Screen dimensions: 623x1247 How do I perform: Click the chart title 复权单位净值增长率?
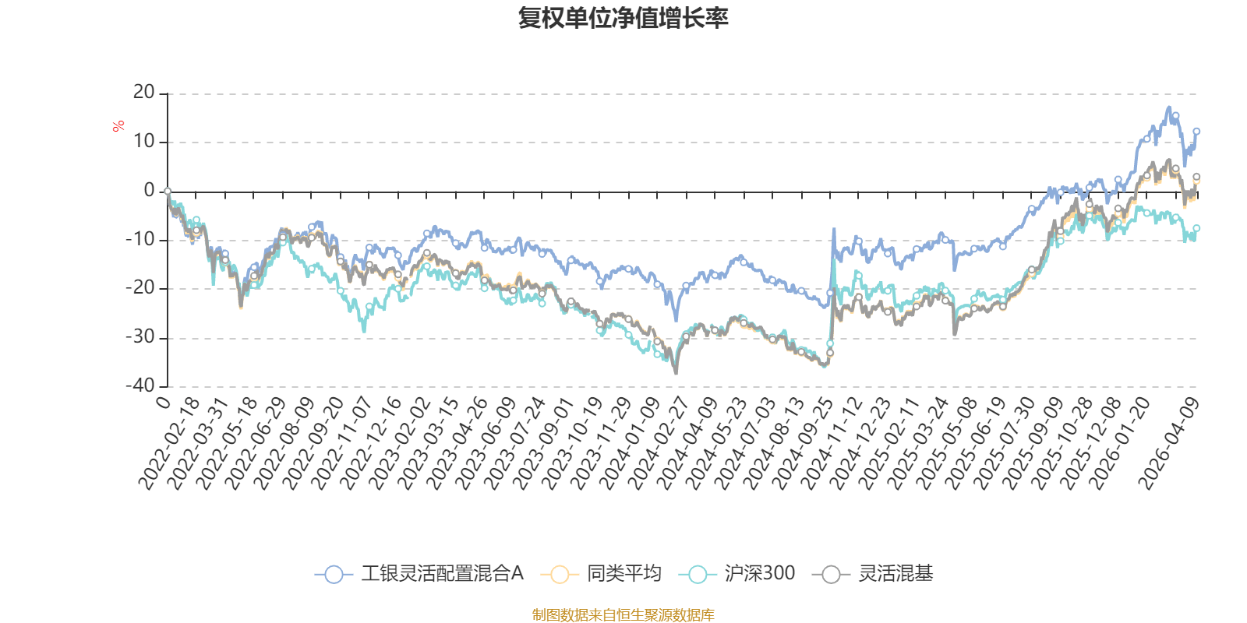click(623, 18)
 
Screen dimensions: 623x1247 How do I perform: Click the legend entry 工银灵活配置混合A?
click(441, 575)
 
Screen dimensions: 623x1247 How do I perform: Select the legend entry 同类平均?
click(623, 575)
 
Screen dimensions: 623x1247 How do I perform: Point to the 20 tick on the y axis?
click(143, 93)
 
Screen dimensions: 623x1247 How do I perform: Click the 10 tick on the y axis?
click(143, 142)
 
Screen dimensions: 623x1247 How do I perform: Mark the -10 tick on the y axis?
click(140, 240)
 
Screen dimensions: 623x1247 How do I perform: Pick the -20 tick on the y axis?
click(140, 289)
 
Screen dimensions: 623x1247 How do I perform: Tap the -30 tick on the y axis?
click(140, 338)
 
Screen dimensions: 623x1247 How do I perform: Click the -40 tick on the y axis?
click(140, 386)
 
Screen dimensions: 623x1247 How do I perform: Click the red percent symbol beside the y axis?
click(118, 126)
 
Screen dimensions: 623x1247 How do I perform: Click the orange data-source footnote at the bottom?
click(623, 615)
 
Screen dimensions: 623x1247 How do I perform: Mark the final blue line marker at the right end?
click(1196, 132)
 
